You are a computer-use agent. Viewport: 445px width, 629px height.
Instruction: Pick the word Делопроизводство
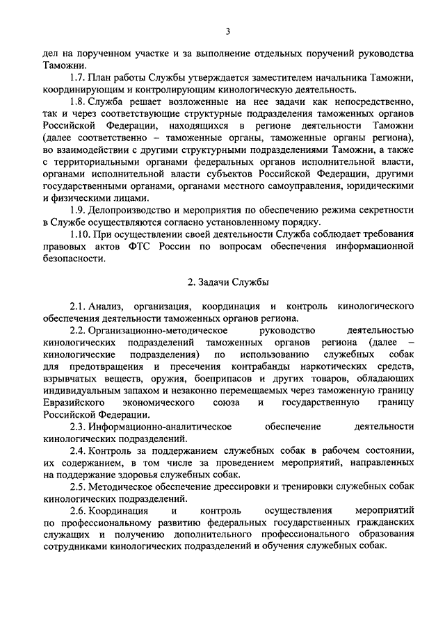(135, 210)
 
